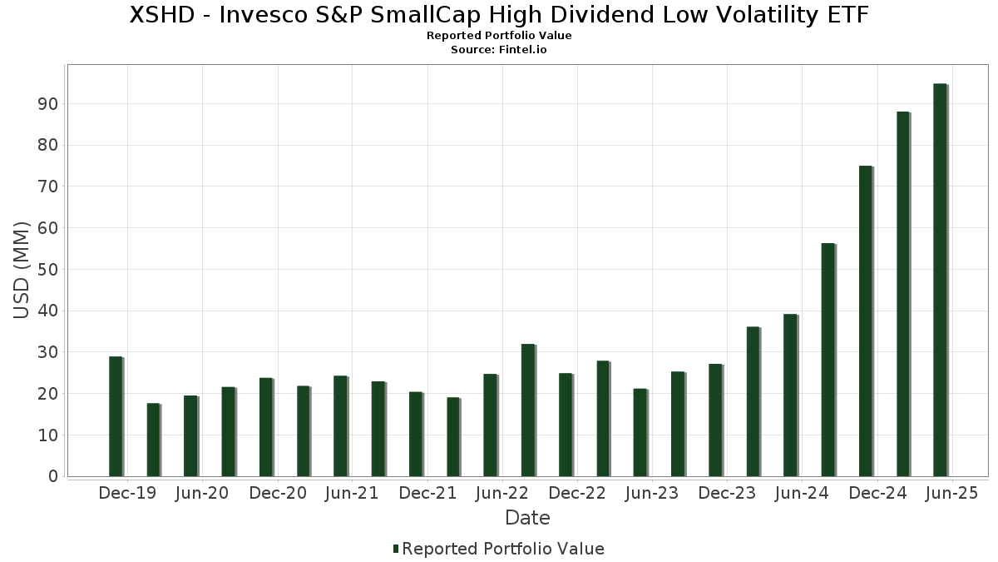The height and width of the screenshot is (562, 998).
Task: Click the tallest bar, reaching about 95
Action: point(940,280)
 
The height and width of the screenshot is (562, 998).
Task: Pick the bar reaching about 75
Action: point(865,321)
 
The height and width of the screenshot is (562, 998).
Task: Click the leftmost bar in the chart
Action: point(116,416)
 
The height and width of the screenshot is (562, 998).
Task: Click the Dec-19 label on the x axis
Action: point(127,493)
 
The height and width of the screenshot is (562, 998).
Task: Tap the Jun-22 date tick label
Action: point(502,493)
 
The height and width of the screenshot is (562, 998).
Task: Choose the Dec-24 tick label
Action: point(877,493)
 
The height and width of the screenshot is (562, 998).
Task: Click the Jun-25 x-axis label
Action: point(952,493)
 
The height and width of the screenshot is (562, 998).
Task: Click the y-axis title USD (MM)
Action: point(22,270)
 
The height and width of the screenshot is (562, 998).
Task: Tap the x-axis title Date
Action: point(527,518)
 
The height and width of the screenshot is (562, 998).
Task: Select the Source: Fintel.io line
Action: point(499,50)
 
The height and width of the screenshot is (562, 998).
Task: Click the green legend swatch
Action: point(397,549)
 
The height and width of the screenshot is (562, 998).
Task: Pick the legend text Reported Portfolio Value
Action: point(503,549)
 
